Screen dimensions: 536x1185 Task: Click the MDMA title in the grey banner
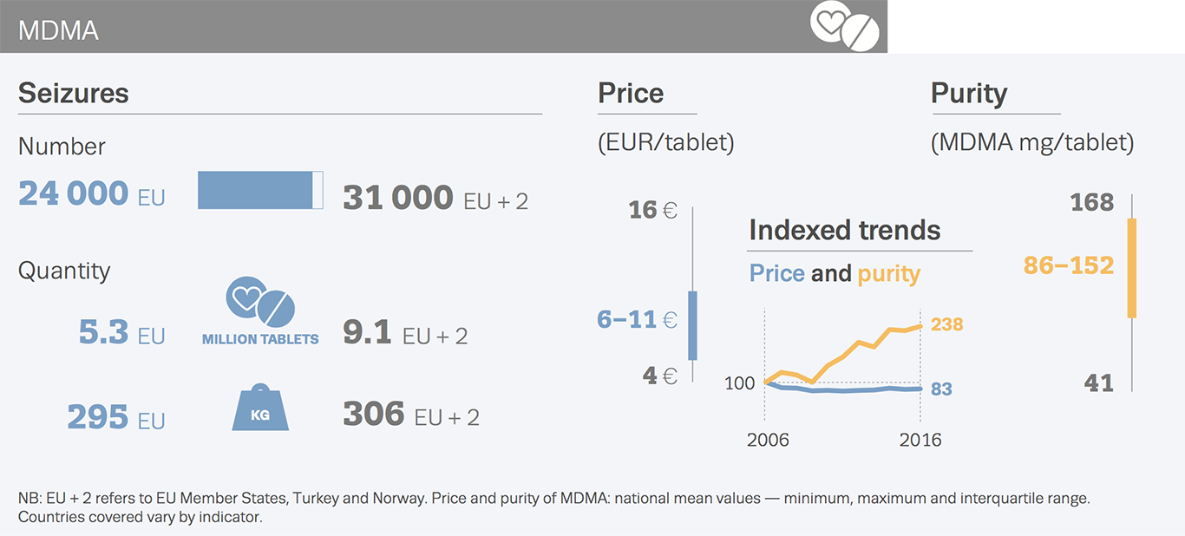click(x=58, y=30)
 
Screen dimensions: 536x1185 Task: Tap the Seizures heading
click(x=73, y=93)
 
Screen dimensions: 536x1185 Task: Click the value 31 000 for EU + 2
click(x=397, y=198)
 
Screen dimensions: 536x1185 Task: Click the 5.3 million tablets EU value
click(x=103, y=332)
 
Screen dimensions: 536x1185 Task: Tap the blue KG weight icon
click(x=260, y=409)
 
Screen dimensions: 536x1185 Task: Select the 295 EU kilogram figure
click(x=98, y=417)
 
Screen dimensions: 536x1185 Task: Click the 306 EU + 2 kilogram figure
click(x=374, y=414)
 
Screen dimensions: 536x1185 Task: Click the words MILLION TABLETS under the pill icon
click(x=260, y=339)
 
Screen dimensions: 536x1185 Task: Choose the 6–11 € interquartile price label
click(x=637, y=319)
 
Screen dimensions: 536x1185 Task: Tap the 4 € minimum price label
click(x=659, y=376)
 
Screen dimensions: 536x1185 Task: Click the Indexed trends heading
click(x=844, y=231)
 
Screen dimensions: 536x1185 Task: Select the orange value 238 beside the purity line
click(x=947, y=324)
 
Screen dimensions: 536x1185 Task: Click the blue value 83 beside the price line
click(x=942, y=389)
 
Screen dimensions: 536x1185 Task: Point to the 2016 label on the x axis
click(x=920, y=440)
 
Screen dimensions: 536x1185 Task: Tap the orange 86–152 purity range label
click(x=1068, y=265)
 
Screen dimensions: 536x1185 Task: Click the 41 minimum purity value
click(x=1099, y=382)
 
